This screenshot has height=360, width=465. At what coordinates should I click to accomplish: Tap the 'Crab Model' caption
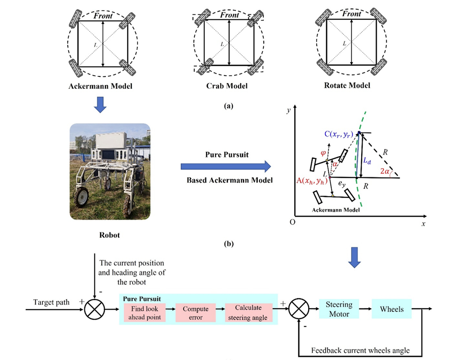(229, 86)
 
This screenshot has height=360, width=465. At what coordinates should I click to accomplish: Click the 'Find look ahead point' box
(144, 312)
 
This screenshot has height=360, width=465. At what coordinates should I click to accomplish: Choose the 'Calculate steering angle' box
(248, 312)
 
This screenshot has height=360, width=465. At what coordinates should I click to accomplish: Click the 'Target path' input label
(52, 302)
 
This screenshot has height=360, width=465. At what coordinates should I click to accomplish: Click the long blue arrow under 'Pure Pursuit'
(226, 167)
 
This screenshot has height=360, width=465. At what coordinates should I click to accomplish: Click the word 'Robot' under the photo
(110, 235)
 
